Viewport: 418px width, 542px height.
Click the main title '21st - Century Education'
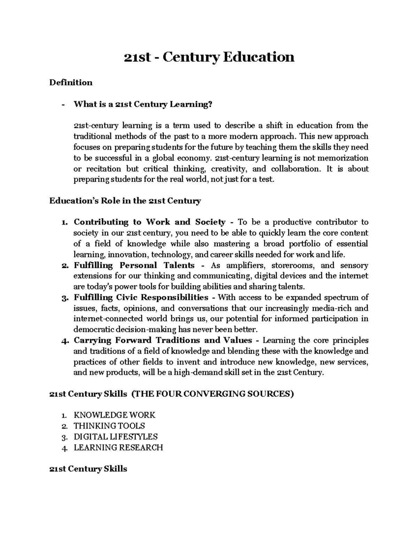[209, 57]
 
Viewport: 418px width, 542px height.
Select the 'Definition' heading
[71, 82]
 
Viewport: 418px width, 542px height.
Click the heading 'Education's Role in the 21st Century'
[125, 201]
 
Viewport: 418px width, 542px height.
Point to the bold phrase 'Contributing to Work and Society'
[149, 222]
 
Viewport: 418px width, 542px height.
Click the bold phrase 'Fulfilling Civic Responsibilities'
[141, 297]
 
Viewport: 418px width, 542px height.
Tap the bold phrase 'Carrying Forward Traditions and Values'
[163, 340]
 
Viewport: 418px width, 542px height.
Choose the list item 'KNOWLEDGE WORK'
[114, 415]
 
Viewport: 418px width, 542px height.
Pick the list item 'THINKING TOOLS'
[109, 426]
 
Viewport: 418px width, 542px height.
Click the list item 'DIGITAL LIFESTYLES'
[116, 437]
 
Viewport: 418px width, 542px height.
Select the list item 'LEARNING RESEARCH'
[118, 447]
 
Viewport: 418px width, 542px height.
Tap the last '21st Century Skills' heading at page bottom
[88, 469]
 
